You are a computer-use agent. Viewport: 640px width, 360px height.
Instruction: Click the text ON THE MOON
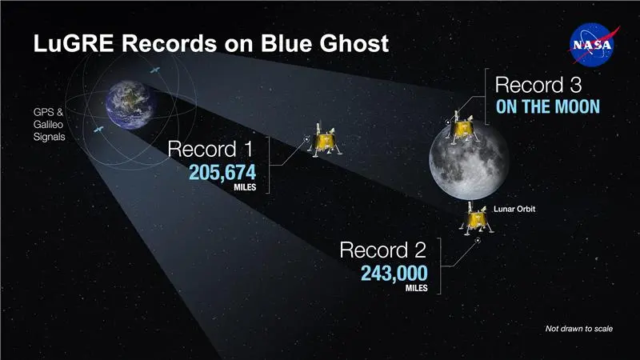pos(548,106)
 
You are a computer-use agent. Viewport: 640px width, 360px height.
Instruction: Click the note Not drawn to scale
pos(578,329)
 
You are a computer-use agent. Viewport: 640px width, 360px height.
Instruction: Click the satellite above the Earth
pos(154,71)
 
